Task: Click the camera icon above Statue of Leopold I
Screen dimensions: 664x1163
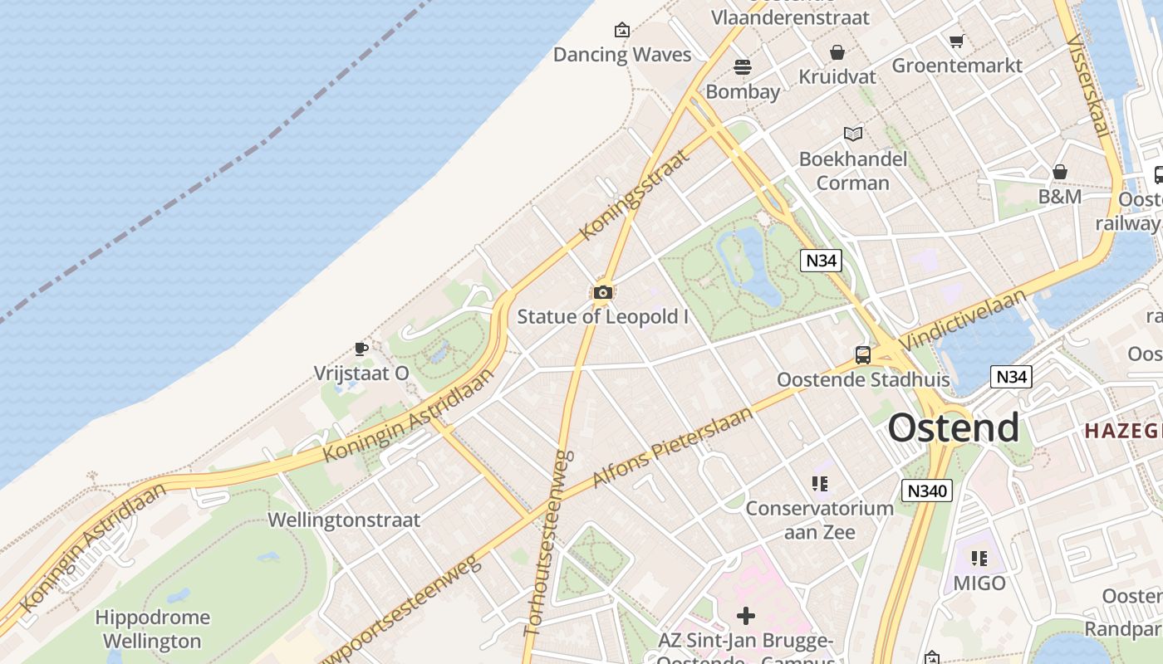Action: pos(603,292)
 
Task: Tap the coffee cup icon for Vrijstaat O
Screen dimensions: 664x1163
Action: pos(361,348)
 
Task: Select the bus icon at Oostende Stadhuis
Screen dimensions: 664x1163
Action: pos(863,355)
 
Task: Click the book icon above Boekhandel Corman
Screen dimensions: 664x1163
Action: pos(853,134)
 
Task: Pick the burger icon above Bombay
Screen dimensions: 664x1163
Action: pos(743,66)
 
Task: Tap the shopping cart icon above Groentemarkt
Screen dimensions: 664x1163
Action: pos(957,40)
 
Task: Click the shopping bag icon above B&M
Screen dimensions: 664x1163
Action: pos(1060,172)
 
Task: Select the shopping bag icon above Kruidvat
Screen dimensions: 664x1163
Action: pos(837,52)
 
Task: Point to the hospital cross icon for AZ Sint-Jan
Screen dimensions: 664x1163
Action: pos(746,615)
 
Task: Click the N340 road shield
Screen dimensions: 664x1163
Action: pos(927,491)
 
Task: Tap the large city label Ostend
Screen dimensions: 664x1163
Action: pos(953,427)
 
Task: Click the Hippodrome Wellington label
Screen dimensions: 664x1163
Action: pos(153,629)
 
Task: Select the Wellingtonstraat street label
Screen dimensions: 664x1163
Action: pos(344,520)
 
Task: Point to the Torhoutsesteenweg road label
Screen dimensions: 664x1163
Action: pos(547,544)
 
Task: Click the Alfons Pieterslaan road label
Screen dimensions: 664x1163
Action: pos(673,447)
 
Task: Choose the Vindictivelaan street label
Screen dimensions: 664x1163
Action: pos(962,319)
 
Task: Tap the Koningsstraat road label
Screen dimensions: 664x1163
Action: pos(635,195)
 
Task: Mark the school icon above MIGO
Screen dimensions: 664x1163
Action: pos(979,558)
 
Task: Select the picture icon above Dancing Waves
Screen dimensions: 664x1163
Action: pos(622,31)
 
